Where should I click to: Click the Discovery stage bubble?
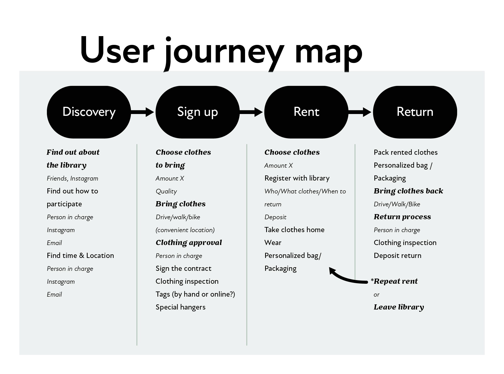[x=89, y=112]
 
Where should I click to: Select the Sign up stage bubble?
[x=197, y=112]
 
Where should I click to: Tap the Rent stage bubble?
[x=306, y=112]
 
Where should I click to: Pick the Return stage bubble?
[x=415, y=112]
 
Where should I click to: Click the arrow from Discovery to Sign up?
[x=142, y=112]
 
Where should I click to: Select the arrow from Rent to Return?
[x=360, y=112]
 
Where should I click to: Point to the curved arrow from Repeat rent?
[x=347, y=278]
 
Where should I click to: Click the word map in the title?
[x=329, y=52]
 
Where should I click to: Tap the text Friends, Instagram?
[x=72, y=178]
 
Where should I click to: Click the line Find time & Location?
[x=80, y=256]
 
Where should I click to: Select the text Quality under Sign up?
[x=166, y=191]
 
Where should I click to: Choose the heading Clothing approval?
[x=189, y=243]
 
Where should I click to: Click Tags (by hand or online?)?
[x=195, y=294]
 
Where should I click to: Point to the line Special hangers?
[x=180, y=307]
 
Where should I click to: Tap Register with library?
[x=297, y=178]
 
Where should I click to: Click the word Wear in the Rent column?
[x=273, y=243]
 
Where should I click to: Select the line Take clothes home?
[x=294, y=230]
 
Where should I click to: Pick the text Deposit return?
[x=397, y=256]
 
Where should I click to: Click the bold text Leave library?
[x=399, y=307]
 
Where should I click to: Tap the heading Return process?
[x=402, y=217]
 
